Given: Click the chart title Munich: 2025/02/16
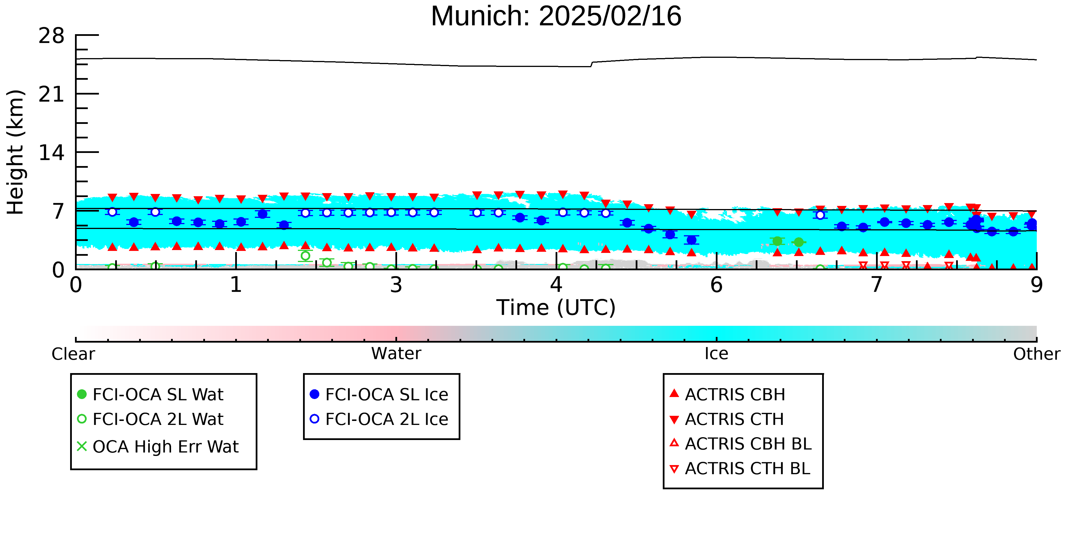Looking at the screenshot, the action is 556,17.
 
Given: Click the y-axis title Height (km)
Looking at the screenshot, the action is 16,152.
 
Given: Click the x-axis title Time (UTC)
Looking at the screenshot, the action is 556,308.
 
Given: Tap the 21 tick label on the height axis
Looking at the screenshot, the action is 52,95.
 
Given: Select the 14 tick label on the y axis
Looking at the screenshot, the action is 52,153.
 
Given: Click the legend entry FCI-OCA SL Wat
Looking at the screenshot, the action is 150,394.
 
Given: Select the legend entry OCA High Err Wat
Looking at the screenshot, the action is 158,447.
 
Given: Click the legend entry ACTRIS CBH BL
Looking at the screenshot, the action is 741,444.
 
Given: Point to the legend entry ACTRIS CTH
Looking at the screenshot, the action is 727,419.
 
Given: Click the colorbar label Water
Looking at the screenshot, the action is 396,354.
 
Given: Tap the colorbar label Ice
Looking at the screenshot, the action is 716,354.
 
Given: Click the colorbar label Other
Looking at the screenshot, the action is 1037,354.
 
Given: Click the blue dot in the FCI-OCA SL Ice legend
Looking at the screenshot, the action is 314,394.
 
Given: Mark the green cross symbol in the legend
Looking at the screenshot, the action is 82,447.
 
